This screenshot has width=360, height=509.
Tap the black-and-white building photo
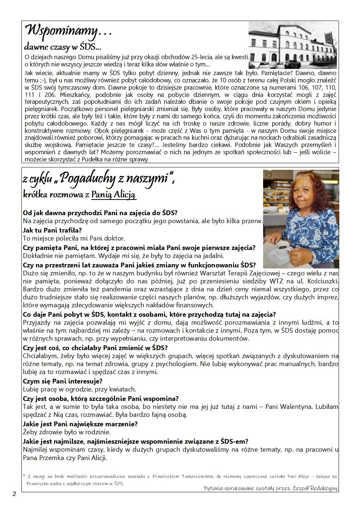click(292, 45)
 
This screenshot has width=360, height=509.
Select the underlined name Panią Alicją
click(114, 194)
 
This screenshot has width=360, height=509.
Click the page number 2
click(14, 494)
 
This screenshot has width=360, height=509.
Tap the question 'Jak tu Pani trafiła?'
click(52, 230)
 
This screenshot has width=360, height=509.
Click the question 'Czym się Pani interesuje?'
click(62, 381)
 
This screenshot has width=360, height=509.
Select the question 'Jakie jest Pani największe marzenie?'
click(80, 424)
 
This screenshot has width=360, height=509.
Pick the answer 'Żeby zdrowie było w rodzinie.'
click(66, 432)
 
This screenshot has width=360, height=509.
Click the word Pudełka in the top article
click(97, 159)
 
